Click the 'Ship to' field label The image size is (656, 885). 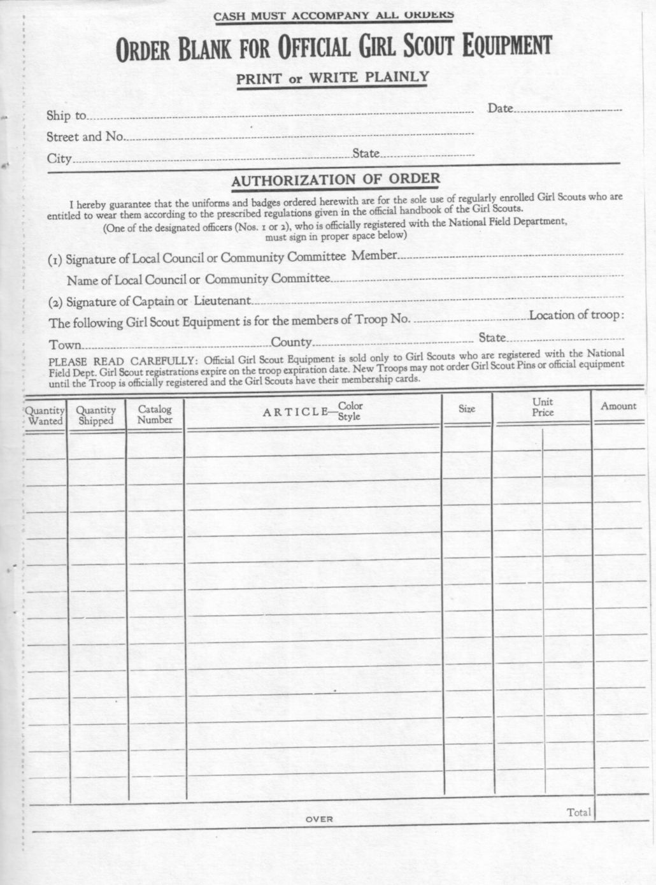tap(66, 116)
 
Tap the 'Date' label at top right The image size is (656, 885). tap(500, 108)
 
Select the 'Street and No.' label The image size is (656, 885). tap(85, 136)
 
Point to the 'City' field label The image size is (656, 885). tap(59, 158)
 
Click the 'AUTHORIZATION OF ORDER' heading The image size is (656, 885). tap(336, 180)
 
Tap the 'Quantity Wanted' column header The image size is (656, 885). tap(45, 416)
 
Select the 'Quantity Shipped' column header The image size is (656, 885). tap(96, 415)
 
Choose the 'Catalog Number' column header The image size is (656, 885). tap(155, 414)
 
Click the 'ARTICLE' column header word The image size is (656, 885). tap(295, 412)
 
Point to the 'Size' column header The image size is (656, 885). tap(467, 408)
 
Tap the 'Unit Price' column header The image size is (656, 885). tap(543, 407)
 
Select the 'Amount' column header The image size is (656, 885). tap(618, 406)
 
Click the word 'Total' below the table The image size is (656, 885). tap(579, 812)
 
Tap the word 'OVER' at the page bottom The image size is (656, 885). tap(319, 819)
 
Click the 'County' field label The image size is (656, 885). tap(292, 342)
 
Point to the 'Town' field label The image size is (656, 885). tap(66, 345)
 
